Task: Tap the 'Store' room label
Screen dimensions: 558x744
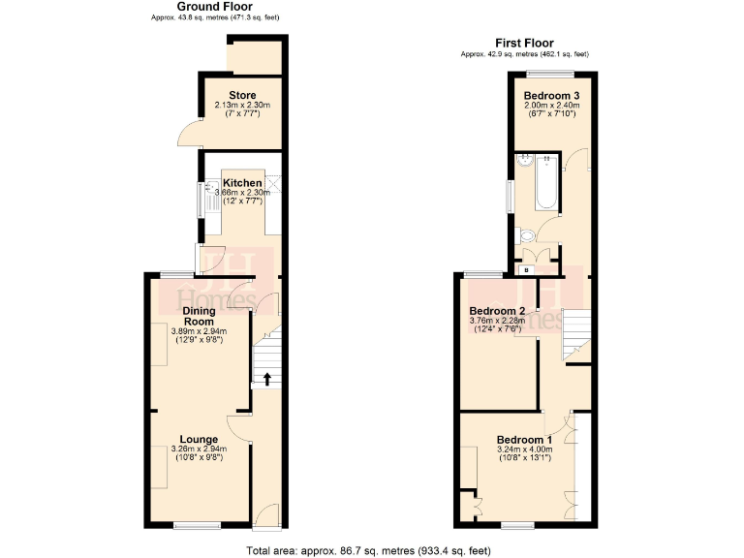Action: click(x=242, y=95)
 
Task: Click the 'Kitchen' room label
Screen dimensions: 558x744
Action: click(x=242, y=183)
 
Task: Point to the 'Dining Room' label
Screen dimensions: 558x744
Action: click(x=199, y=316)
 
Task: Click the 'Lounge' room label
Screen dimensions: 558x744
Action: click(x=199, y=439)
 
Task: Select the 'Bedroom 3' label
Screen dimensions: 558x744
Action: click(x=550, y=95)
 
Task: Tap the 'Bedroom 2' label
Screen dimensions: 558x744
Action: click(x=497, y=311)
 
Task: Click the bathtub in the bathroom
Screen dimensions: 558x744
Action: click(x=544, y=184)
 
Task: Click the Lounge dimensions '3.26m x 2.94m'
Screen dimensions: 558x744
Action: click(x=199, y=449)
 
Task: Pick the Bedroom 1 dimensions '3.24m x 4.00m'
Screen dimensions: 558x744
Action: click(x=524, y=449)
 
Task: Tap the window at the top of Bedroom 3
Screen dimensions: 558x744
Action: click(x=552, y=74)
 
